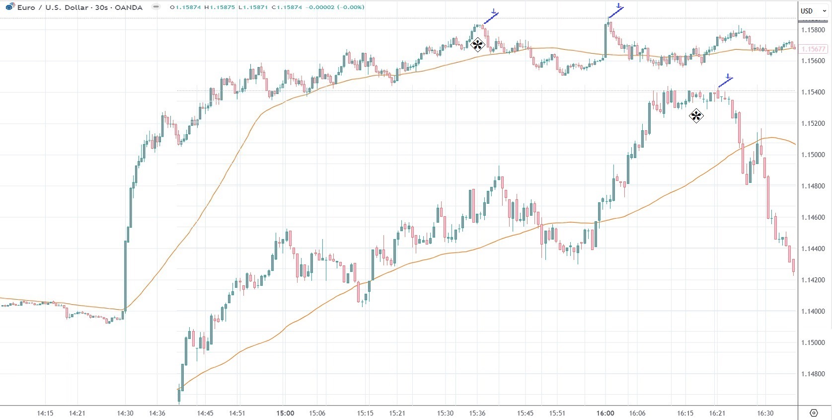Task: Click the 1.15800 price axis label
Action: [x=813, y=30]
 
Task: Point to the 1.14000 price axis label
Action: [x=813, y=312]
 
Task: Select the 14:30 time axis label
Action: [x=125, y=413]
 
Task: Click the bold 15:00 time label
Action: [x=285, y=413]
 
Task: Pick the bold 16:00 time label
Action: [x=605, y=413]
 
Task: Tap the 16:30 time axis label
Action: [x=765, y=413]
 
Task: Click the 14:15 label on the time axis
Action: [x=45, y=413]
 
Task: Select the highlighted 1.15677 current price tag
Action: [x=813, y=49]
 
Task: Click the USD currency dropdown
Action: [x=810, y=10]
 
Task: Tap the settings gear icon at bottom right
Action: [x=814, y=413]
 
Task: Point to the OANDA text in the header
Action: [x=129, y=7]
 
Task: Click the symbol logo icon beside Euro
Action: [x=10, y=7]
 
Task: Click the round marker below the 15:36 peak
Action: [x=477, y=45]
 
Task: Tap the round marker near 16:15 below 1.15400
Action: [x=696, y=116]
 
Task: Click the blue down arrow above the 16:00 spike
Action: [x=618, y=5]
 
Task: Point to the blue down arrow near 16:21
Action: [x=728, y=77]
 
